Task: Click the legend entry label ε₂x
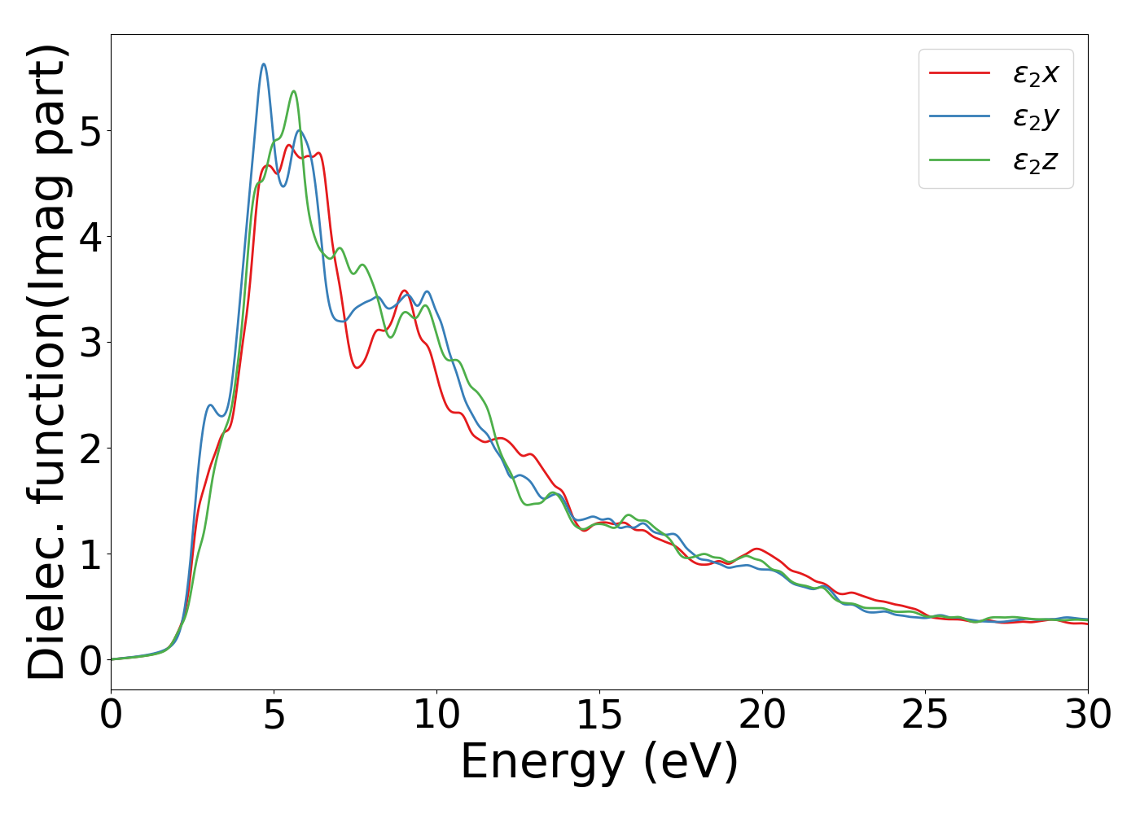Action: (x=1036, y=74)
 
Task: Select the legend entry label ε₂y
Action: (x=1036, y=118)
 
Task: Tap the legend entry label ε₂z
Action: (x=1036, y=161)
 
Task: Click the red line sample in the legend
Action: (x=959, y=73)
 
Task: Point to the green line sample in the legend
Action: (x=959, y=160)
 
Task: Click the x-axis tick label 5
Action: (x=274, y=716)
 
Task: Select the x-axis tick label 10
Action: (x=437, y=716)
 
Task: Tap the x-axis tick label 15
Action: (x=600, y=716)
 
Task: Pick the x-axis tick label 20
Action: (x=763, y=716)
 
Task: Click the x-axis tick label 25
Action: (x=926, y=716)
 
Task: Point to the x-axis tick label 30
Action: (x=1088, y=716)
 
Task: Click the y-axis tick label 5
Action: (x=91, y=131)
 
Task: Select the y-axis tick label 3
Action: (x=91, y=343)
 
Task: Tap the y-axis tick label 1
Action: (x=91, y=554)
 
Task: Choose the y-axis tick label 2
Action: (x=91, y=449)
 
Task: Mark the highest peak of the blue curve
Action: (x=264, y=64)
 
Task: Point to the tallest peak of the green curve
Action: (x=294, y=91)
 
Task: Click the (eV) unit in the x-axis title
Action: (x=691, y=763)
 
